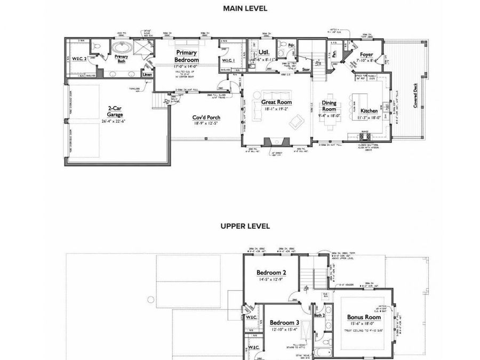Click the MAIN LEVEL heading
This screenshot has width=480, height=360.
tap(245, 9)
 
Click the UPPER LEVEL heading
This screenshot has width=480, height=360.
tap(245, 226)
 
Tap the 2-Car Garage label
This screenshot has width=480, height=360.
tap(116, 110)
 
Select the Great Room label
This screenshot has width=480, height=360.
tap(276, 101)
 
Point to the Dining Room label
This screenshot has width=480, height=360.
tap(329, 106)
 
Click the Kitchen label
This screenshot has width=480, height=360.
tap(369, 111)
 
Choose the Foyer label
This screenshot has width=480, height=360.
tap(366, 54)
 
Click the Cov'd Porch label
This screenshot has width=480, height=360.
tap(206, 117)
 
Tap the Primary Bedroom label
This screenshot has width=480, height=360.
tap(186, 56)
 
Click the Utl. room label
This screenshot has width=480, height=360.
tap(263, 52)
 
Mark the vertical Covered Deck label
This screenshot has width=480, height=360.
tap(416, 96)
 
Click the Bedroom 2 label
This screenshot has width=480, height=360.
tap(271, 272)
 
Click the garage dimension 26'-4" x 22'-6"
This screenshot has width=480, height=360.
tap(116, 121)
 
